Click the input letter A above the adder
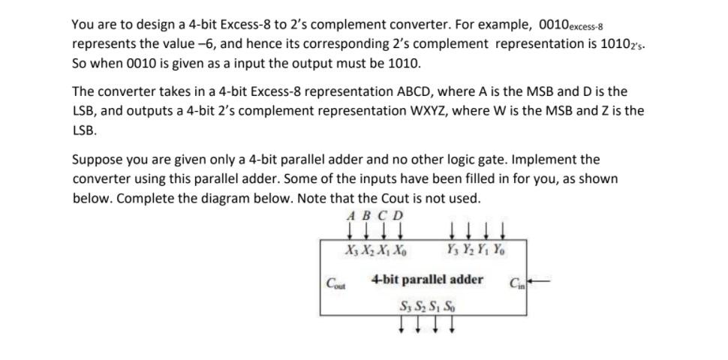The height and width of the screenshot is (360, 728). [352, 216]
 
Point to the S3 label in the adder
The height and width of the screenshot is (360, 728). [407, 307]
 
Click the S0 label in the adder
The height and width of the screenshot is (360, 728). [450, 307]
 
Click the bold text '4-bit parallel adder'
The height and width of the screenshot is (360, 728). [427, 280]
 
